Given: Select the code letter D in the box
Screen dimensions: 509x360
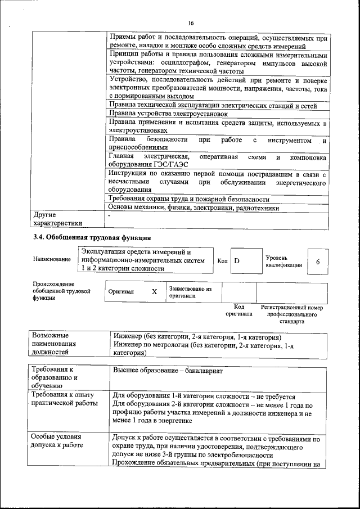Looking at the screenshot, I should tap(237, 261).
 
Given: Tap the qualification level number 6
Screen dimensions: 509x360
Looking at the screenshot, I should tap(318, 262).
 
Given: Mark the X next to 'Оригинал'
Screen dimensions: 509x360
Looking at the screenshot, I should tap(154, 292).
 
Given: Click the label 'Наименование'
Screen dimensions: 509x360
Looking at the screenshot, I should tap(52, 259).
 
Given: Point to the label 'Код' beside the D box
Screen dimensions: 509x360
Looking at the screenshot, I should tap(222, 261).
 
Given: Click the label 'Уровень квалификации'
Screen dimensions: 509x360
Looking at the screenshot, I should tap(283, 261).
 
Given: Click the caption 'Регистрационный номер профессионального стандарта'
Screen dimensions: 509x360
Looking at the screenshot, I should tap(292, 315).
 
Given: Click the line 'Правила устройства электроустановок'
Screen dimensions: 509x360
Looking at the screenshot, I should tap(172, 114).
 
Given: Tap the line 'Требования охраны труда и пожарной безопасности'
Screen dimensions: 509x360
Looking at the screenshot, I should tap(189, 199).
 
